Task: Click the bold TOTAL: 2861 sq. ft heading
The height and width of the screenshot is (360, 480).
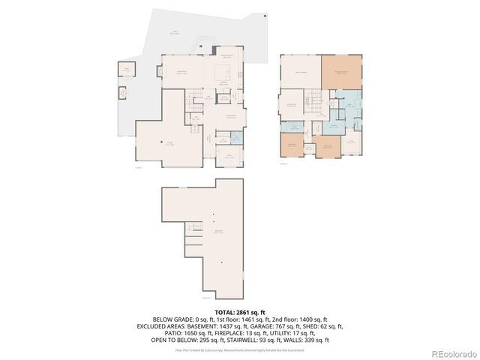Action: [x=240, y=311]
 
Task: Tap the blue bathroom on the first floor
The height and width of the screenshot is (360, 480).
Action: [x=236, y=137]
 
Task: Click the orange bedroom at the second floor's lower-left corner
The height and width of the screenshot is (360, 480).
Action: [x=291, y=144]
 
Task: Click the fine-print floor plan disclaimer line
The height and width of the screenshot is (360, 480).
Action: [x=240, y=350]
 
